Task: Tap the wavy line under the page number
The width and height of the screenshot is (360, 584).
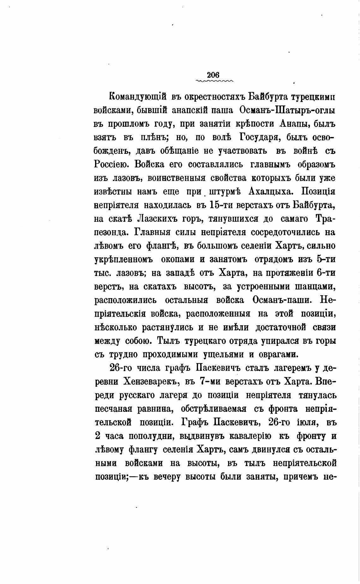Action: pos(215,81)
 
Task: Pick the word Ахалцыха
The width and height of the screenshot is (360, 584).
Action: pos(272,192)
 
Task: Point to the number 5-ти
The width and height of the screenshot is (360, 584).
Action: pos(325,259)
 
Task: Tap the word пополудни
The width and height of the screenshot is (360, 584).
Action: pos(152,436)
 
